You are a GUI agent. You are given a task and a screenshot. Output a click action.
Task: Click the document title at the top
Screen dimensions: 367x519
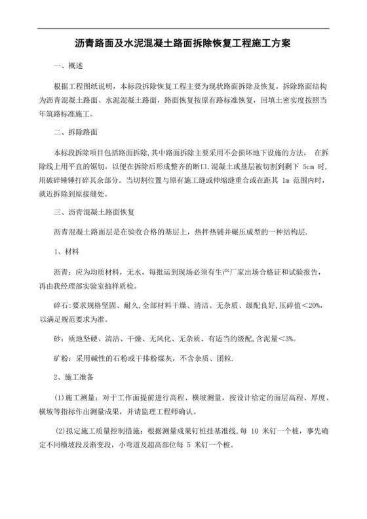183,44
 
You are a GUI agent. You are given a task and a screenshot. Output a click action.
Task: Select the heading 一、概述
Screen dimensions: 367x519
68,67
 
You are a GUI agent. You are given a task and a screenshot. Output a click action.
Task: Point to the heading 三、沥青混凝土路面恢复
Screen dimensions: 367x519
94,213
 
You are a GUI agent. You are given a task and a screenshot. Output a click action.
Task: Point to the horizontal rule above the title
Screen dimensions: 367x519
183,28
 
